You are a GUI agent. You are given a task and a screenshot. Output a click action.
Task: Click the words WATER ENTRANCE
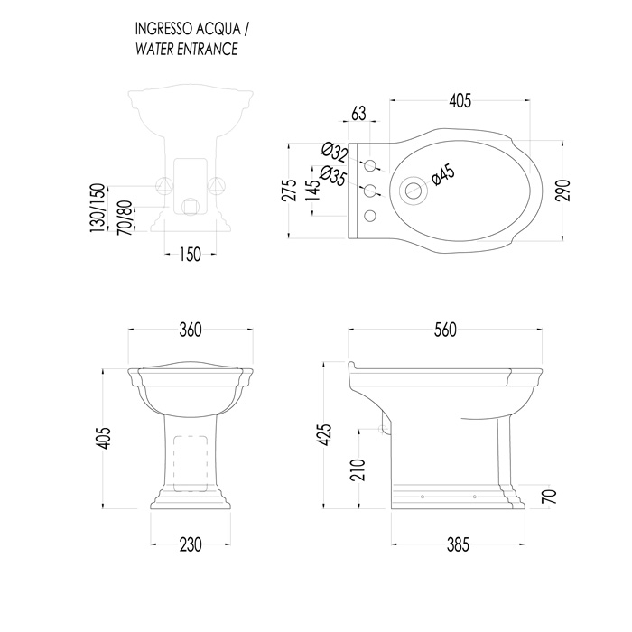tap(187, 49)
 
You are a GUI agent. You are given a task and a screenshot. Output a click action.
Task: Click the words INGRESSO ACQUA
tap(188, 29)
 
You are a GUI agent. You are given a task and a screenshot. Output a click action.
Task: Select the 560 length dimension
tap(445, 330)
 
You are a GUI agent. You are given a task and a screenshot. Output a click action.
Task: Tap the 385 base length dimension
tap(459, 544)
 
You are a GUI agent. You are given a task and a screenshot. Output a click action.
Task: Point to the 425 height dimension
tap(325, 434)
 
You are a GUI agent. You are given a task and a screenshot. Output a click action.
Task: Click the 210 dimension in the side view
tap(358, 469)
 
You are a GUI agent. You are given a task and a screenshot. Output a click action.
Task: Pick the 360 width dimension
tap(191, 330)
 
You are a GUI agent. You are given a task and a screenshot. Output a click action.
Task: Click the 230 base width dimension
tap(191, 544)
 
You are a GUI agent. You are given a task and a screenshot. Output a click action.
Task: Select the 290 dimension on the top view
tap(563, 191)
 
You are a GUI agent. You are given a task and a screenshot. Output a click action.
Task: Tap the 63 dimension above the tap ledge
tap(358, 114)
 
